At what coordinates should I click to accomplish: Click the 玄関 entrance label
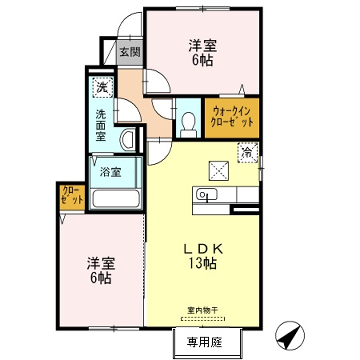pos(130,52)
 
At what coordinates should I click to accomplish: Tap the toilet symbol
pos(188,122)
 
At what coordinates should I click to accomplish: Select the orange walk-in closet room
pos(231,117)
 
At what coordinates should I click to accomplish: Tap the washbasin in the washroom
pos(128,139)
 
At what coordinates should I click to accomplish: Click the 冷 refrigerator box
pos(246,151)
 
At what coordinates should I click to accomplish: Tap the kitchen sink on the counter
pos(207,194)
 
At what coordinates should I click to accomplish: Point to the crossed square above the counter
pos(220,168)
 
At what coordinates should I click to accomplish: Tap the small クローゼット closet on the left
pos(72,195)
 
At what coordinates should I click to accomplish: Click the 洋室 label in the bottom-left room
pos(101,262)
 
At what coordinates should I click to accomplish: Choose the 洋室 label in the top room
pos(203,46)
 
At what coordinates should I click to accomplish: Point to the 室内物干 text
pos(200,309)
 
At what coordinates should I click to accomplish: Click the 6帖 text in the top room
pos(203,61)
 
